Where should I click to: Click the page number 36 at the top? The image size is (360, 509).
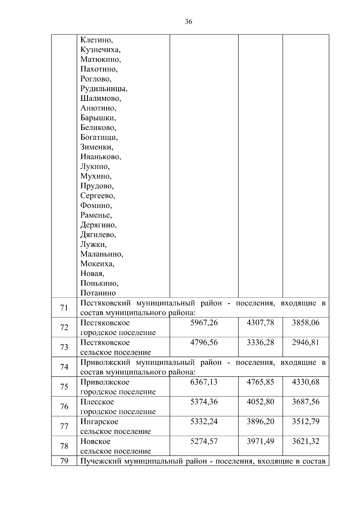(189, 22)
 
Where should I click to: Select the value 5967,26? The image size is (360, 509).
(204, 323)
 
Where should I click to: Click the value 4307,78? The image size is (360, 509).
(260, 323)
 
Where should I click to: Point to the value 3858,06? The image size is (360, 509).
(306, 323)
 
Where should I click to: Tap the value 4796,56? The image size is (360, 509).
(204, 343)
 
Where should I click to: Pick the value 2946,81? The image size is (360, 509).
(306, 343)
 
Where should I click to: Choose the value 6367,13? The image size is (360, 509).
(204, 382)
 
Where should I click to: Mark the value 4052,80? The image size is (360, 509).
(260, 402)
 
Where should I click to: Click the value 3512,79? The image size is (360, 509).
(306, 422)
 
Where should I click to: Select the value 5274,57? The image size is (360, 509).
(204, 442)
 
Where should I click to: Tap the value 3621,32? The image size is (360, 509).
(306, 442)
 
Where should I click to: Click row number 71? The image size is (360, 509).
(64, 308)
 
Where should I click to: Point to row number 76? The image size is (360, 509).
(64, 407)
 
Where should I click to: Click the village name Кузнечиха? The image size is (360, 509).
(100, 50)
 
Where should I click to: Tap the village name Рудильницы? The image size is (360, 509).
(104, 89)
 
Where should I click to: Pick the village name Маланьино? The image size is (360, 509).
(102, 254)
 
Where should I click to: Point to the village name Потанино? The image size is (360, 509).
(98, 293)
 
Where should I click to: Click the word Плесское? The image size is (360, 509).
(97, 402)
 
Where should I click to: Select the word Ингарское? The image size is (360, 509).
(99, 422)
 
